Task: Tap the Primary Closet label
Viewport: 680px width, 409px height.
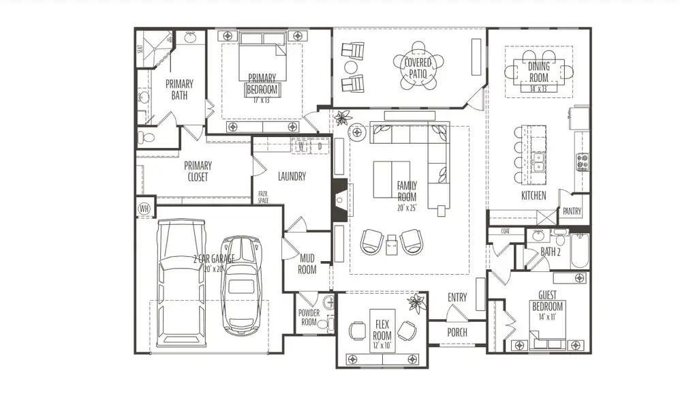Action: pos(198,171)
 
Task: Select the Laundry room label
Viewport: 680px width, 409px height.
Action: pos(292,177)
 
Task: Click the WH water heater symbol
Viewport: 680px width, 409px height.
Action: pos(144,208)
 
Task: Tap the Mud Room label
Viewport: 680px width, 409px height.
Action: pos(307,264)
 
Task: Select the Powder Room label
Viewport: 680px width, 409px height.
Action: pos(309,318)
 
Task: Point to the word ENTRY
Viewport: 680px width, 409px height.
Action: pos(457,297)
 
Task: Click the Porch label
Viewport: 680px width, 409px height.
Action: pos(457,332)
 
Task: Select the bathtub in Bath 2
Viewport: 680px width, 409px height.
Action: pos(580,252)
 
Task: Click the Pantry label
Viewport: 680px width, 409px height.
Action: pos(572,212)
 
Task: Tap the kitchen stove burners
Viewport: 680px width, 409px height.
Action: pos(583,162)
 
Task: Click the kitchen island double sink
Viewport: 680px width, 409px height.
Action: pos(538,162)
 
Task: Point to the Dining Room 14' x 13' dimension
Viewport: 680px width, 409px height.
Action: pos(538,89)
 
